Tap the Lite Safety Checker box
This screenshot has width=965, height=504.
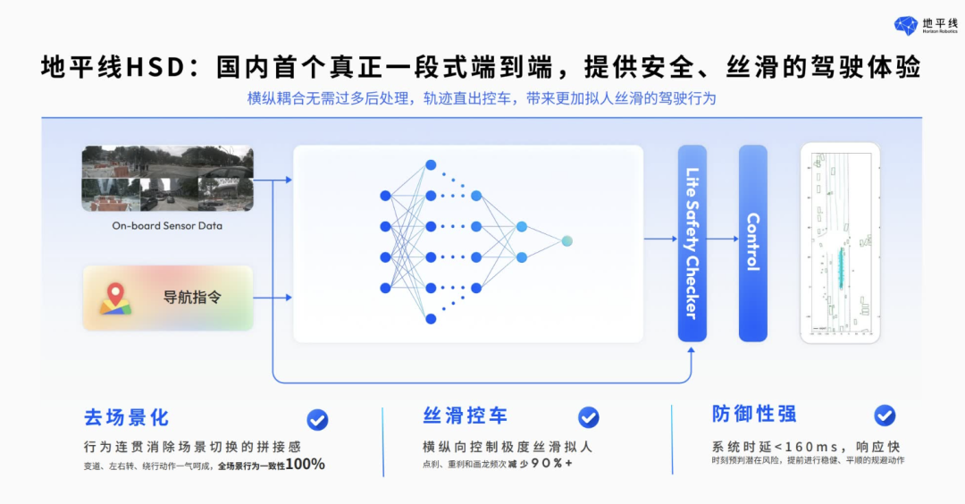tap(692, 242)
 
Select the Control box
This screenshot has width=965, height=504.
tap(752, 242)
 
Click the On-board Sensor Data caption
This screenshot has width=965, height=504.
tap(167, 226)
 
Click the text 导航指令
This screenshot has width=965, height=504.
tap(191, 298)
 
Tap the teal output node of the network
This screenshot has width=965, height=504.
tap(566, 241)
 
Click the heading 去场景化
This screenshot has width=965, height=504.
tap(126, 417)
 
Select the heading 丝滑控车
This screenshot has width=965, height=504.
tap(465, 416)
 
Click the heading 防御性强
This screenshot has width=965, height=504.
tap(754, 414)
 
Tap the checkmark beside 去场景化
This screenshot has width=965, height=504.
tap(317, 419)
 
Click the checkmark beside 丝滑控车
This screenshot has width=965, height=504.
tap(588, 417)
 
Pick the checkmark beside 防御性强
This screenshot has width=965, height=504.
tap(885, 415)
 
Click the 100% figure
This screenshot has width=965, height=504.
tap(306, 465)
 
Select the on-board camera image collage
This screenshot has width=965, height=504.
tap(167, 179)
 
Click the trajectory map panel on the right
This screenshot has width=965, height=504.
tap(840, 242)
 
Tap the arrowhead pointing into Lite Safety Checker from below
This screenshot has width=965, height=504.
tap(692, 350)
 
